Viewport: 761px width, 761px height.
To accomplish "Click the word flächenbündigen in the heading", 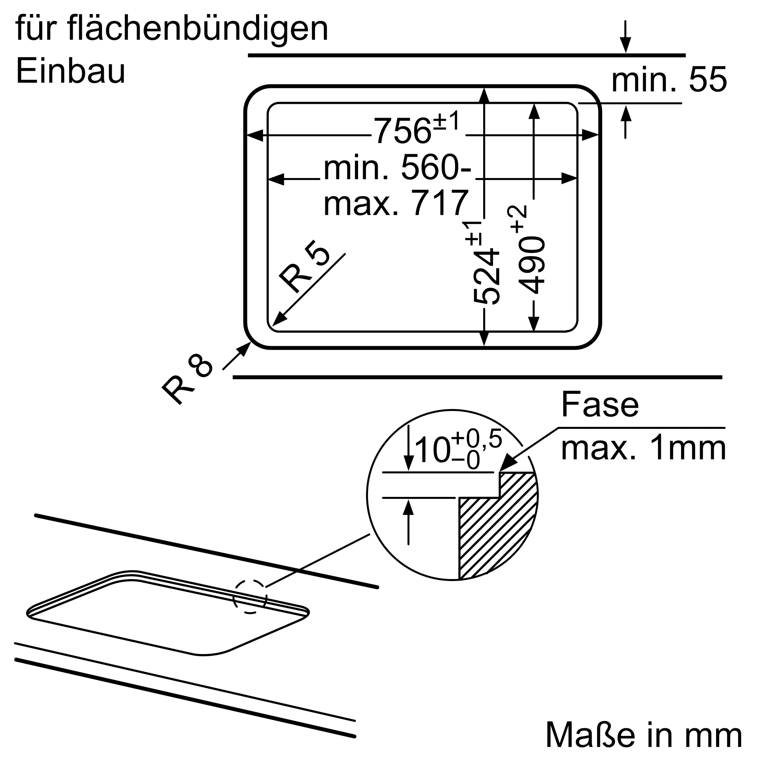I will tap(198, 30).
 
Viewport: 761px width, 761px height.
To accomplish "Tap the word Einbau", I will tap(70, 72).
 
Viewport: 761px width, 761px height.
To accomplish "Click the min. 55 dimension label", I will tap(669, 80).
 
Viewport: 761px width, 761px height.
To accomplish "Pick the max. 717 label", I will tap(396, 203).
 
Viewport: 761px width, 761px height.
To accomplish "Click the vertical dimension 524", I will tap(487, 276).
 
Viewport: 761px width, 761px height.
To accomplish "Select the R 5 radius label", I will tap(304, 266).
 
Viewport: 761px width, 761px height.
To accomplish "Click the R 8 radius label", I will tap(188, 379).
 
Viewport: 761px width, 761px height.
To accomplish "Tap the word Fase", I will tap(600, 404).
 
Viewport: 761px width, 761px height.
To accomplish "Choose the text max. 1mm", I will tap(643, 449).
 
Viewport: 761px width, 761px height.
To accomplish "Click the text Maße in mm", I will tap(644, 736).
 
